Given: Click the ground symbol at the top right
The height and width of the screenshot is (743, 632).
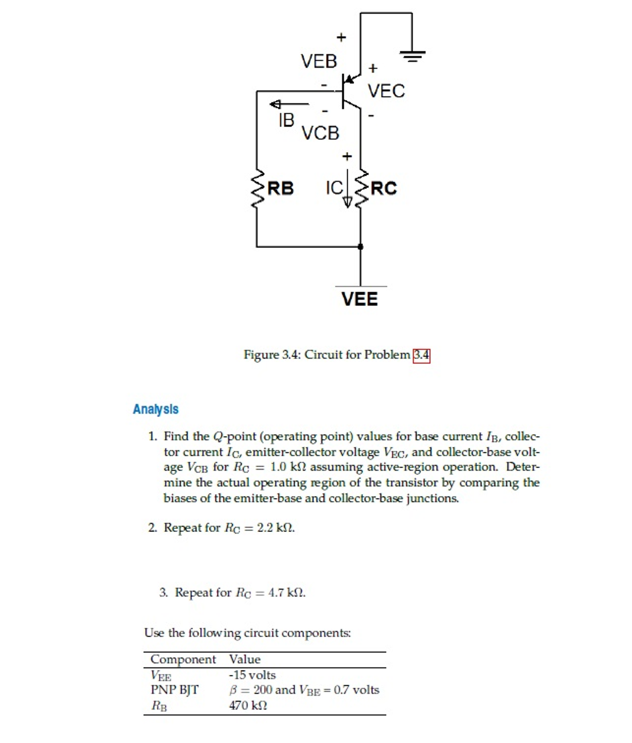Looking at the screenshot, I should [x=412, y=56].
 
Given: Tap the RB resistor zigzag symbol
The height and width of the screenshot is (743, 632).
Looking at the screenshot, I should [x=257, y=188].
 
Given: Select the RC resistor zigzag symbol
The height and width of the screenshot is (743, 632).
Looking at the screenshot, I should [x=361, y=188].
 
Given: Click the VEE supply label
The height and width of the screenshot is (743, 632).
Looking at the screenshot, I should [x=359, y=299].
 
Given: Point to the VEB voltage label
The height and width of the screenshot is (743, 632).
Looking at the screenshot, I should [x=319, y=61].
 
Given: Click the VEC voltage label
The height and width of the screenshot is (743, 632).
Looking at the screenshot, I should [x=386, y=91].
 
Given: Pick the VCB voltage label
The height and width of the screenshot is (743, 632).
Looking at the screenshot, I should [x=320, y=133].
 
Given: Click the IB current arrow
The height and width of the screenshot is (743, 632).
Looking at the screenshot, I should [x=289, y=104].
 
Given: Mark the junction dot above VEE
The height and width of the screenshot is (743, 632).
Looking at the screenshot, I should [x=360, y=247].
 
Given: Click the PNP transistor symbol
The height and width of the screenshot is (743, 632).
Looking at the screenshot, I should [x=348, y=91].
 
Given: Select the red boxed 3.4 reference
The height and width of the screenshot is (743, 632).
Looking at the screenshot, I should [x=421, y=355].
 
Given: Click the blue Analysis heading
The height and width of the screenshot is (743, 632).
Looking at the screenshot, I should [x=155, y=409].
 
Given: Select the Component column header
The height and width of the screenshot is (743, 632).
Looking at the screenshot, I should [x=183, y=659].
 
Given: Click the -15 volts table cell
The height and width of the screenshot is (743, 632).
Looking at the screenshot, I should [x=252, y=675].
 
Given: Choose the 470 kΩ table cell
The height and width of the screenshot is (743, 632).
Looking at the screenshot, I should [x=248, y=705].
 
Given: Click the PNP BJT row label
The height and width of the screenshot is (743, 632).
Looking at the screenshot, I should [x=174, y=690].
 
